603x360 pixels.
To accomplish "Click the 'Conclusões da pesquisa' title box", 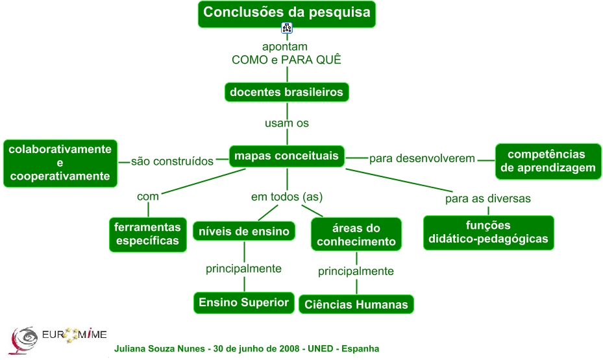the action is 287,13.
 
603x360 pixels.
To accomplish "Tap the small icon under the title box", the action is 287,28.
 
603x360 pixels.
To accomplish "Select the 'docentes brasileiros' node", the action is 286,92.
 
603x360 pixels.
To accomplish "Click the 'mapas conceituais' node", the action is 286,156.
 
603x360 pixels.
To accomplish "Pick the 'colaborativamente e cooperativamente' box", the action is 60,163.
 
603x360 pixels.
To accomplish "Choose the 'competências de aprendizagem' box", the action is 547,161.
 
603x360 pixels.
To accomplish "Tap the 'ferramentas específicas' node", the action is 147,234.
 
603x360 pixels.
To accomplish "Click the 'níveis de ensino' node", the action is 244,231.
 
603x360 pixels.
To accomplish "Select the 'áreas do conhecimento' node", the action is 356,235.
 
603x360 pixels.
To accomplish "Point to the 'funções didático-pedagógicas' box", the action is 488,232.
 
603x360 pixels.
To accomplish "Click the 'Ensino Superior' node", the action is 244,303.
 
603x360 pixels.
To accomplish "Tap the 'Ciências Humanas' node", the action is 356,304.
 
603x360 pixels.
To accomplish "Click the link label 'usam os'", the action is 287,123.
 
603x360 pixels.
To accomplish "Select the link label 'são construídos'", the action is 172,162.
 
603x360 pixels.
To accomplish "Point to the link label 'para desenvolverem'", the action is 422,158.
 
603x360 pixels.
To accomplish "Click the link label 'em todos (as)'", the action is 287,197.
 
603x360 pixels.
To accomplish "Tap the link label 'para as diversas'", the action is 488,198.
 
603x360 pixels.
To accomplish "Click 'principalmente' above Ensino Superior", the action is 243,269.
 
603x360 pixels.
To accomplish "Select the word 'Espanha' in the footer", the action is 358,349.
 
